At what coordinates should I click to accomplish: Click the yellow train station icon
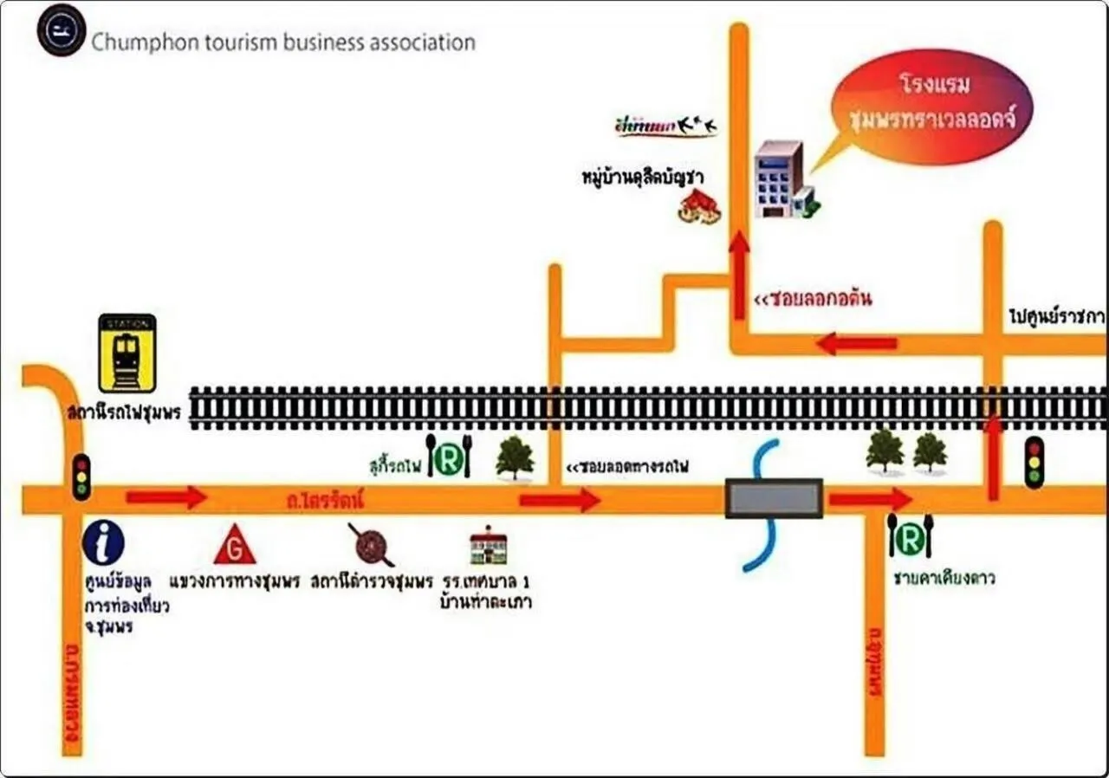tap(127, 353)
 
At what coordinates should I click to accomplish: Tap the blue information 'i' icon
tap(103, 543)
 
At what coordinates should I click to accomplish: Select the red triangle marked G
tap(235, 545)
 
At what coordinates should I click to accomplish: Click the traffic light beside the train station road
tap(81, 477)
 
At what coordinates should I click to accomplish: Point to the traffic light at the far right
tap(1034, 463)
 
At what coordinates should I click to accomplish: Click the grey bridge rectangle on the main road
tap(774, 498)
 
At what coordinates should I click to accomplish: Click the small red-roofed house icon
tap(700, 206)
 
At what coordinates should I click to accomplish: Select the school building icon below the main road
tap(489, 545)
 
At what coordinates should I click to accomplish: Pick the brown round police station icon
tap(372, 544)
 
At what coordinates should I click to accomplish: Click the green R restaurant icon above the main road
tap(448, 457)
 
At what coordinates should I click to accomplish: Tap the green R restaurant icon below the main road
tap(909, 537)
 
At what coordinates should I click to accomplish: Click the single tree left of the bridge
tap(515, 457)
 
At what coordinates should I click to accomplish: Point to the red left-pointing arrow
tap(856, 344)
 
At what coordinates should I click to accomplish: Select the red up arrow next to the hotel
tap(738, 276)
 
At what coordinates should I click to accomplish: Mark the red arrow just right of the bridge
tap(870, 498)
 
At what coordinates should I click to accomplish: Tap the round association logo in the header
tap(62, 30)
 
